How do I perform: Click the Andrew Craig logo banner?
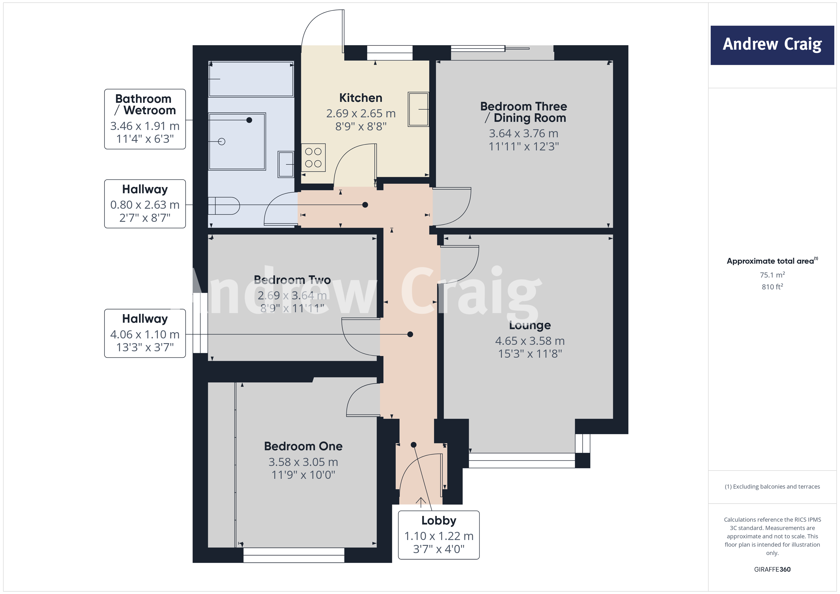click(772, 45)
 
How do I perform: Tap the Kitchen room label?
click(360, 98)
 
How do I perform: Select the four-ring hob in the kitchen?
click(313, 158)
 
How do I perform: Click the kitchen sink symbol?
click(418, 109)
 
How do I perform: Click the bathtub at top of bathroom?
click(251, 79)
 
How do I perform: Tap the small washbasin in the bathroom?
click(286, 164)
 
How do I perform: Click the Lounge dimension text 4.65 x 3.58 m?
click(529, 341)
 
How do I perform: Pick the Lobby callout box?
click(438, 534)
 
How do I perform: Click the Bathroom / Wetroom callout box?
click(145, 119)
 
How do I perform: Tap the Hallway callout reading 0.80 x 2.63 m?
click(145, 204)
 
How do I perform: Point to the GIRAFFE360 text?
click(772, 570)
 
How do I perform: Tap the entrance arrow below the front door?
click(421, 502)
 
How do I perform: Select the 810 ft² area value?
click(772, 287)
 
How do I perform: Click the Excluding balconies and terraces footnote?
click(772, 486)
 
